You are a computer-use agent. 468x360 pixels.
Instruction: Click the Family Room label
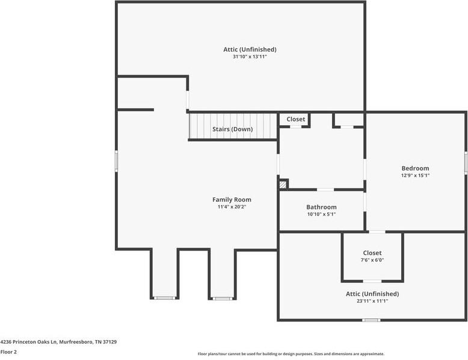[x=232, y=200]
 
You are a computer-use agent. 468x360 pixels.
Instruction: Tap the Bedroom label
[x=415, y=168]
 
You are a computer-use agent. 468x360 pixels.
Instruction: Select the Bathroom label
[x=321, y=207]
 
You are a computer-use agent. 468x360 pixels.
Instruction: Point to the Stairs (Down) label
[x=233, y=129]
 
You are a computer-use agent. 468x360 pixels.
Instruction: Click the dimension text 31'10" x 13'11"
[x=250, y=57]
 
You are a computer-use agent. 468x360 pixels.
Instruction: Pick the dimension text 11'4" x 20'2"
[x=232, y=206]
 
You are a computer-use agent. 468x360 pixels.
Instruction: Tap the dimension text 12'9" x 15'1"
[x=415, y=175]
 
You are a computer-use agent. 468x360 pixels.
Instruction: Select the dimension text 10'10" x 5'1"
[x=321, y=214]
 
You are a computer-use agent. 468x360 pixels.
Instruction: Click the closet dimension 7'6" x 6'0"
[x=372, y=260]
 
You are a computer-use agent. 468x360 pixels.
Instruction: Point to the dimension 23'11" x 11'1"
[x=372, y=301]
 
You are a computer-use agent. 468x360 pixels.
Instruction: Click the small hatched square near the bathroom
[x=283, y=185]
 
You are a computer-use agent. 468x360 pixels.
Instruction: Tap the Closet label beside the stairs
[x=296, y=119]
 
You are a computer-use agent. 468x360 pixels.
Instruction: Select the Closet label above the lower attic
[x=372, y=253]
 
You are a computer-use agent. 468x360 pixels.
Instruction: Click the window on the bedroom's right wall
[x=466, y=163]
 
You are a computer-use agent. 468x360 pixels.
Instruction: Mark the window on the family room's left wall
[x=117, y=161]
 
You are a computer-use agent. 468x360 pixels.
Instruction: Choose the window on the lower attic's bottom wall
[x=371, y=320]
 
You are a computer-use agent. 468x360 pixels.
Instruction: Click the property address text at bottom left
[x=58, y=342]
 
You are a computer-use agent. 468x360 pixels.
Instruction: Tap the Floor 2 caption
[x=8, y=352]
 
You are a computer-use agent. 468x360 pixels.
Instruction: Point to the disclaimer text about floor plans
[x=291, y=354]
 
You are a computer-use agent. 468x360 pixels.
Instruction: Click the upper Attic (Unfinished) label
[x=250, y=49]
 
